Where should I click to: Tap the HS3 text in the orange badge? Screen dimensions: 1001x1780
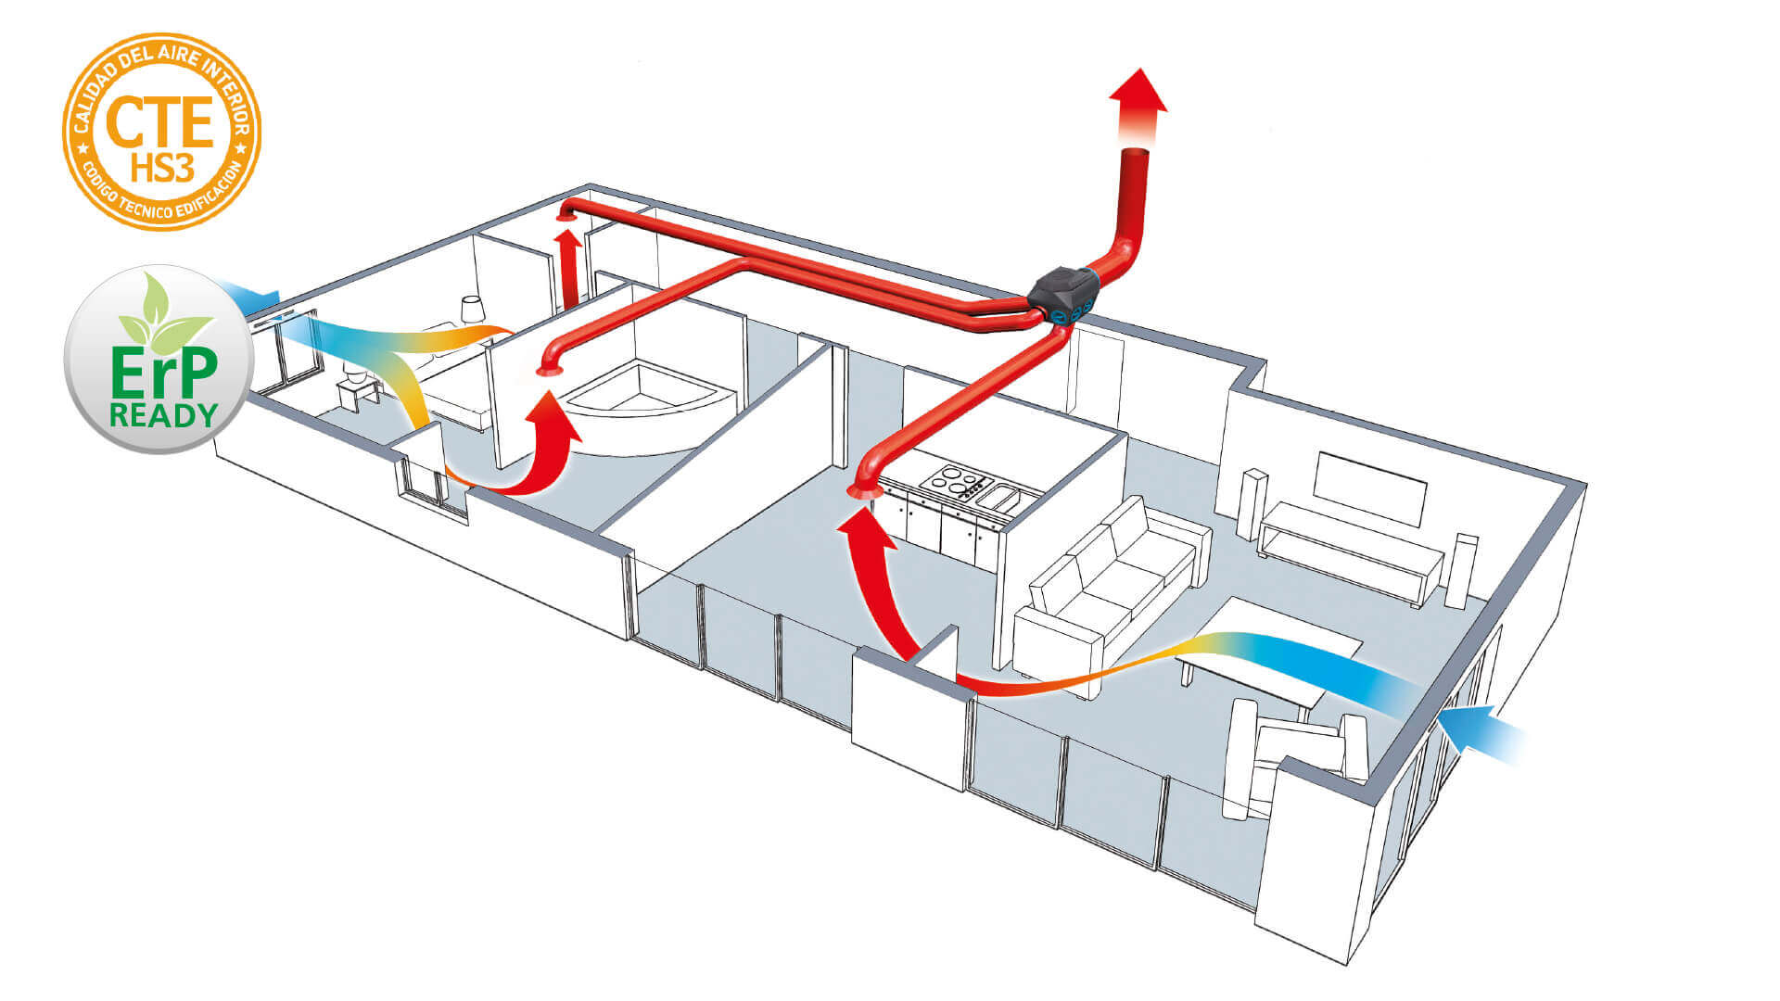[161, 169]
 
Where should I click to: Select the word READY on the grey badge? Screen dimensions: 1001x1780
[163, 415]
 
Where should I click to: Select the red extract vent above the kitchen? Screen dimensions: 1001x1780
[864, 490]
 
